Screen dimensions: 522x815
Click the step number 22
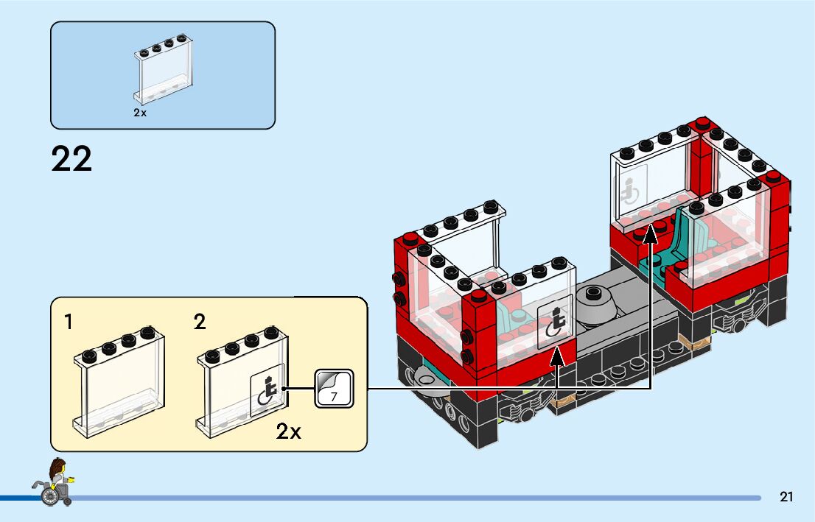[71, 159]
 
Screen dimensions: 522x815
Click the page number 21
[786, 497]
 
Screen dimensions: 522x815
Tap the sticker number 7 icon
[335, 388]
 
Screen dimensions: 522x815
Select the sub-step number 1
[69, 322]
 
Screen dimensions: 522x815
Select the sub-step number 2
[200, 322]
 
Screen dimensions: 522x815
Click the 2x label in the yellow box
[289, 431]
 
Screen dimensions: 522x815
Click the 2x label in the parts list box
[140, 113]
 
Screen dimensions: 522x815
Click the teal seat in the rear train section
[685, 236]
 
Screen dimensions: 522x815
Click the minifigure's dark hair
[55, 465]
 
